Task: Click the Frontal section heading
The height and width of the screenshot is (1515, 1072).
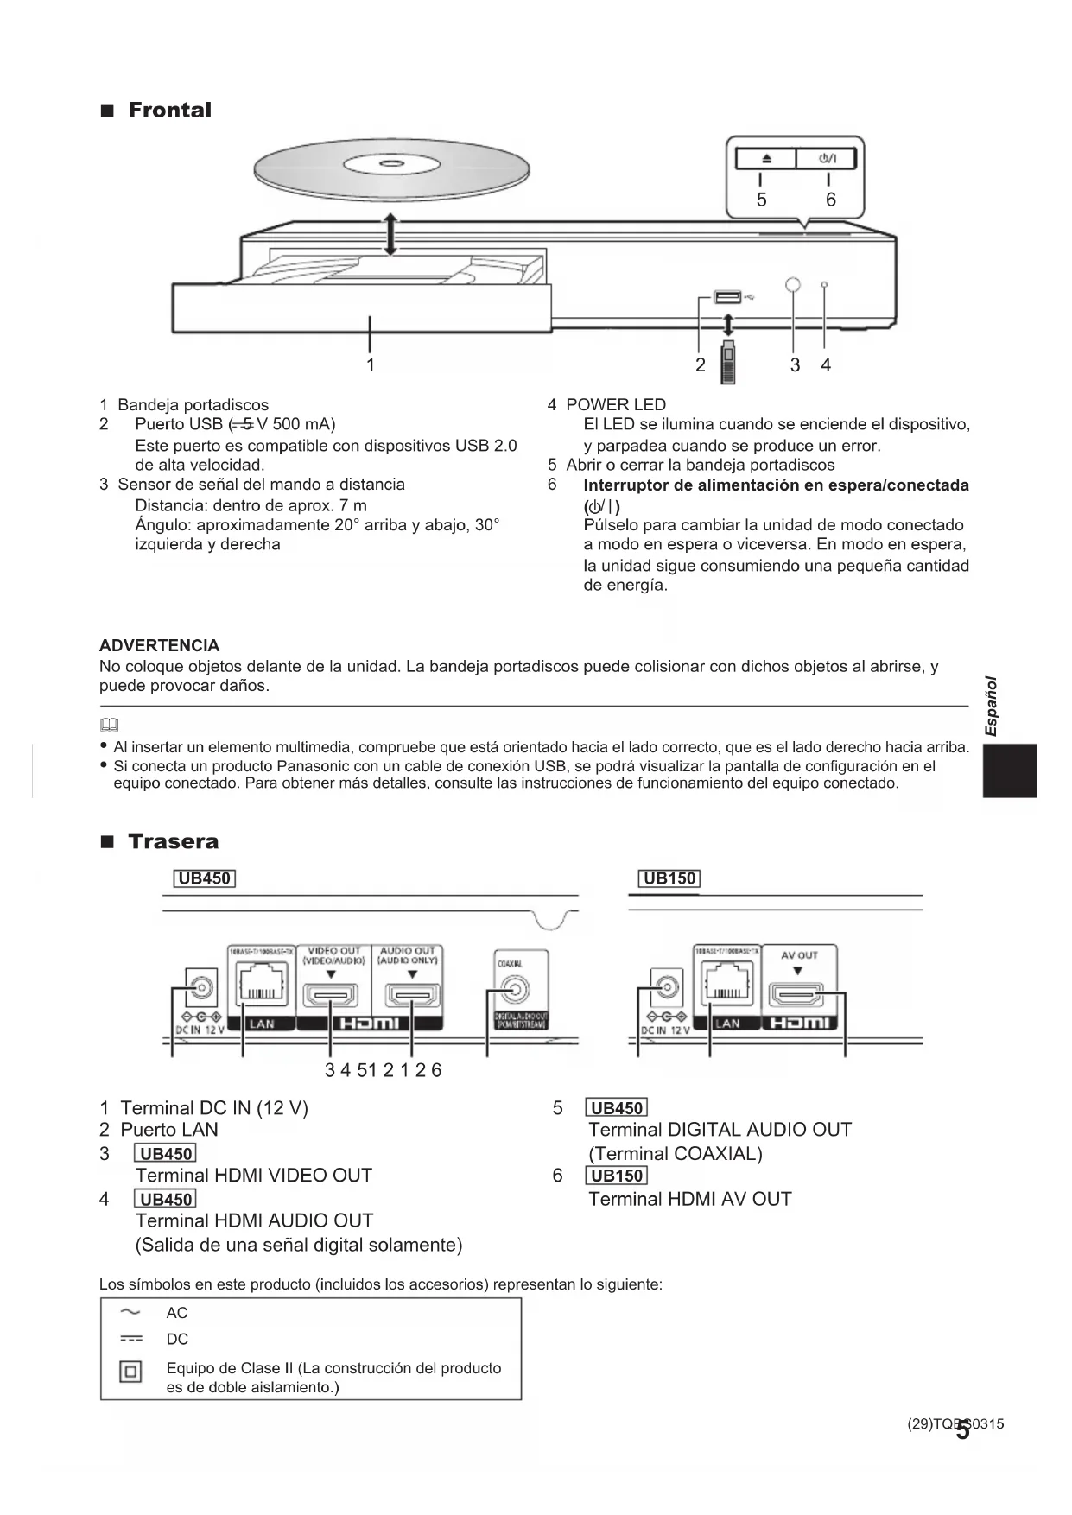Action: [168, 111]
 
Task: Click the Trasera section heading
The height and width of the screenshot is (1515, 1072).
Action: [172, 841]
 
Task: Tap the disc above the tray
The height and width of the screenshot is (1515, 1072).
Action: [390, 168]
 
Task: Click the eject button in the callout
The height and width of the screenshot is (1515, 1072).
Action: [765, 158]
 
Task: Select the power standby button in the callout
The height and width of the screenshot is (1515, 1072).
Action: [827, 158]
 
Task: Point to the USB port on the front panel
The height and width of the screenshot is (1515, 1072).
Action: [727, 298]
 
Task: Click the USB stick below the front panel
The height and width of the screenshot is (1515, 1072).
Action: [728, 363]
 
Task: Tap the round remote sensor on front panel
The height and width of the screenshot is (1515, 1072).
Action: [793, 285]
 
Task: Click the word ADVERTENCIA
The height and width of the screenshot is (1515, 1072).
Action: [159, 645]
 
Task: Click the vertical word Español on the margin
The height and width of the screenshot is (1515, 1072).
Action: [992, 706]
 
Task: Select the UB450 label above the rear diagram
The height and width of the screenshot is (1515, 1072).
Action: [205, 878]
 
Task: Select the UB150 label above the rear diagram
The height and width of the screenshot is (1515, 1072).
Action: [669, 878]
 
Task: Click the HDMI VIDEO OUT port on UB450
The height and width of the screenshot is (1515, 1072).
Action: [330, 995]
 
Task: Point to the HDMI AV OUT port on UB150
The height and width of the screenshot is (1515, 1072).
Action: [796, 995]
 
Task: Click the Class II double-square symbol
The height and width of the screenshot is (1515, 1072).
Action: [130, 1372]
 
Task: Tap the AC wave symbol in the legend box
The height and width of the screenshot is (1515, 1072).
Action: [130, 1313]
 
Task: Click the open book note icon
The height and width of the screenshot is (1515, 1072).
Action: [109, 725]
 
